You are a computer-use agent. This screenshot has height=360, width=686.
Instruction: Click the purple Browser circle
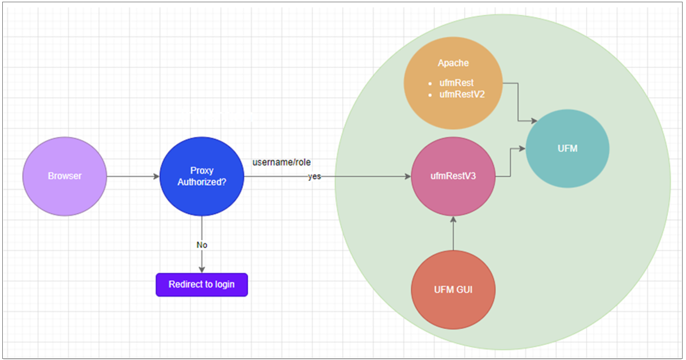tap(64, 176)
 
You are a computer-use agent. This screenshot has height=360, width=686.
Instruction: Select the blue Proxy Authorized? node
tap(202, 176)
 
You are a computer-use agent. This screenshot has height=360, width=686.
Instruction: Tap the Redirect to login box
tap(202, 284)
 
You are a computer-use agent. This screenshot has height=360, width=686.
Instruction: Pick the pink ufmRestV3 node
tap(453, 176)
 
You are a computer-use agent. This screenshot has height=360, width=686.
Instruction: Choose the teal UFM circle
tap(567, 149)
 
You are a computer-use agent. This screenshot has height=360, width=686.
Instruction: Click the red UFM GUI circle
tap(453, 290)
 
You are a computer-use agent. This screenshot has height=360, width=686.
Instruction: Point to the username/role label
tap(281, 162)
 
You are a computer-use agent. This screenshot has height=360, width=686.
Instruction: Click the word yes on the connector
tap(314, 176)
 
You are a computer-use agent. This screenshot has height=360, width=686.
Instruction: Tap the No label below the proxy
tap(202, 245)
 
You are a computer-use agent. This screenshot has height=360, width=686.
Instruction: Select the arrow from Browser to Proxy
tap(133, 176)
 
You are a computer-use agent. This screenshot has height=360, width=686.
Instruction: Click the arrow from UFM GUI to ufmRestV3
tap(453, 234)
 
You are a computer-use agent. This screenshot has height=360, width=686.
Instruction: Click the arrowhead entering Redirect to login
tap(202, 270)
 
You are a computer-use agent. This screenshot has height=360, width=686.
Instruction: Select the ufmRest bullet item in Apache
tap(456, 83)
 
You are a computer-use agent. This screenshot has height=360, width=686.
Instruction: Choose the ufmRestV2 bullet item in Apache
tap(462, 94)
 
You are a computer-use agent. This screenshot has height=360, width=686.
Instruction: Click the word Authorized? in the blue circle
tap(202, 182)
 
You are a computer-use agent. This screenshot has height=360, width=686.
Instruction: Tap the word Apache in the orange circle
tap(453, 63)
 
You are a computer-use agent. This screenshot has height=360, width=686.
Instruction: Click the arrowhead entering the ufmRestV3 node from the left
tap(407, 176)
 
